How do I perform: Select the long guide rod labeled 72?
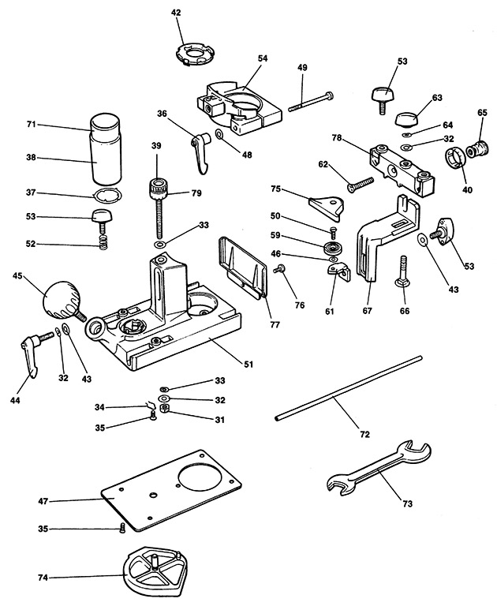[348, 387]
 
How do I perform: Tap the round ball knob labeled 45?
[62, 300]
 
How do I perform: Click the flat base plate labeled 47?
[171, 489]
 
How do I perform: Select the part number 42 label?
[176, 13]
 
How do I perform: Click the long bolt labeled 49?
[310, 101]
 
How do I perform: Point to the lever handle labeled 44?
[35, 353]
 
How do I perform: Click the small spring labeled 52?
[103, 242]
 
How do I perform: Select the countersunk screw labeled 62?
[361, 185]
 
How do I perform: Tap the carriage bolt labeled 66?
[404, 271]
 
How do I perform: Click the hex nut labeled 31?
[164, 408]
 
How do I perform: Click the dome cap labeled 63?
[406, 118]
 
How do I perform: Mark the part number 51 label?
[248, 364]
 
